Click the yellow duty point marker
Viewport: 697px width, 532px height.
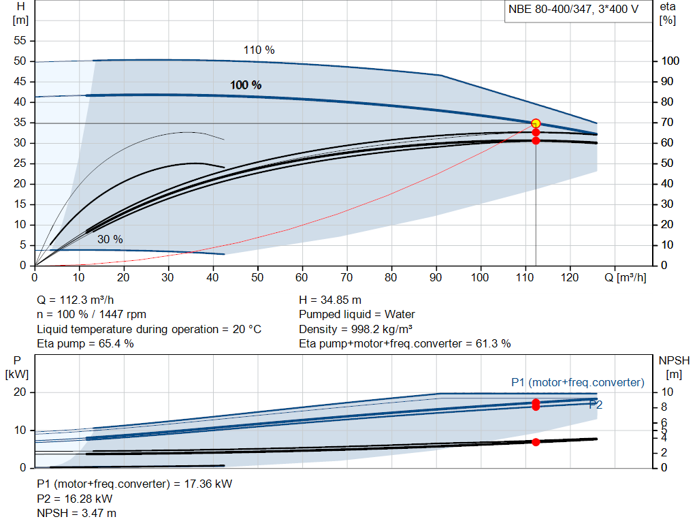[x=536, y=123]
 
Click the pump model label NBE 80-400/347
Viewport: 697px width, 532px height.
[x=549, y=10]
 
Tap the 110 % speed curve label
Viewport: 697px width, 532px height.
[x=259, y=50]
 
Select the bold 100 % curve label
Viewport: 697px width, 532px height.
[x=245, y=85]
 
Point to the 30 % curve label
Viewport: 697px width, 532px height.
[x=110, y=239]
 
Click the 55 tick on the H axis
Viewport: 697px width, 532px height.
[x=20, y=40]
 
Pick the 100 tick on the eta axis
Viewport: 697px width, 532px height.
[x=670, y=61]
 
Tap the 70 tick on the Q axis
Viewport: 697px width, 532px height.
[x=346, y=277]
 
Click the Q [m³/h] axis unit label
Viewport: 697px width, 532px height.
[x=625, y=277]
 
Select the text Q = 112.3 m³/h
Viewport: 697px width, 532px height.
[x=75, y=300]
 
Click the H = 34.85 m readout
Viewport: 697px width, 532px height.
[x=330, y=300]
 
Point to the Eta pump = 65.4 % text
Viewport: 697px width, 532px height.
[x=85, y=343]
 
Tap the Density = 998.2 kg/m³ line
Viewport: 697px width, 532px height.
[x=355, y=329]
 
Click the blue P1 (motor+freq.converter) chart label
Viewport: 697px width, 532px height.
[x=577, y=382]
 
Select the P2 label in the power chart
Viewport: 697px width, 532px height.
[x=596, y=405]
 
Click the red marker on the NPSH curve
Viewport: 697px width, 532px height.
[x=536, y=442]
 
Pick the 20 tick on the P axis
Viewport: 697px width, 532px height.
[x=20, y=392]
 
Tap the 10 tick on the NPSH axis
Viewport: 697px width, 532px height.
[x=667, y=392]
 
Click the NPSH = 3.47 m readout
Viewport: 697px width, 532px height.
[x=76, y=513]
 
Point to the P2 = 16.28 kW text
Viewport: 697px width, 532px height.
[x=75, y=499]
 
